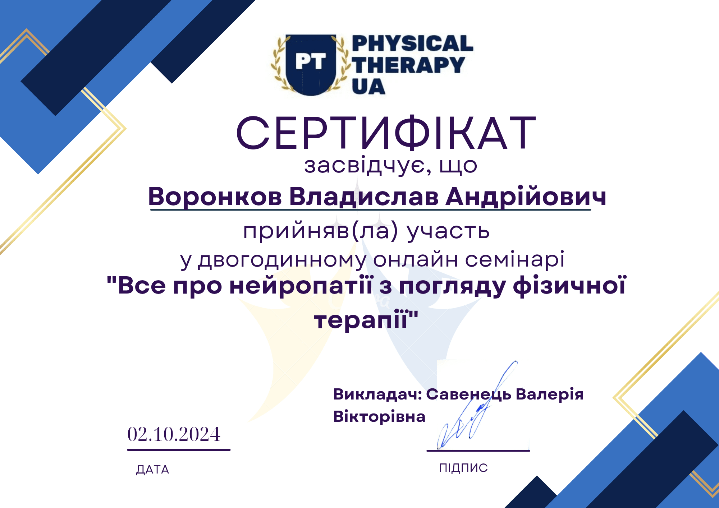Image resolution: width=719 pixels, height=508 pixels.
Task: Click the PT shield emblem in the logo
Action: pos(311,65)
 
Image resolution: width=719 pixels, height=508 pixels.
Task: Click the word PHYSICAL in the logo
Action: pos(413,43)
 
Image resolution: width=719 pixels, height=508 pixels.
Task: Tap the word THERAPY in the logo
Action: pos(408,65)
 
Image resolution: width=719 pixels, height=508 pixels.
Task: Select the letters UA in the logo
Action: pos(368,87)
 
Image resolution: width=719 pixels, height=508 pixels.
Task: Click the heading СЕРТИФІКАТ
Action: pos(386,133)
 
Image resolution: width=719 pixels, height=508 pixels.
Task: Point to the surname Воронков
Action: pos(215,197)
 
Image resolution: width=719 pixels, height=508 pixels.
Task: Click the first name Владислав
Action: pos(364,197)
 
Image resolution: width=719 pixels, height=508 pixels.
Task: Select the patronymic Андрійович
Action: pos(526,197)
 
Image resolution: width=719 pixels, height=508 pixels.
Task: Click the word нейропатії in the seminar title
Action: pos(301,286)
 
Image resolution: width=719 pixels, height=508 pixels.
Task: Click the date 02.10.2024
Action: pos(174,434)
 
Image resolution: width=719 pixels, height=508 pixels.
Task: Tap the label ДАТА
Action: pos(152,470)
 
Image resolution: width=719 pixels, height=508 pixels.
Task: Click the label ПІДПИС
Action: pos(463,468)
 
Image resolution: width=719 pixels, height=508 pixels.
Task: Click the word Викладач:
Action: pos(377,394)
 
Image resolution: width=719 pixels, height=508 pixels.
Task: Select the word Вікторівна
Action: pos(379,417)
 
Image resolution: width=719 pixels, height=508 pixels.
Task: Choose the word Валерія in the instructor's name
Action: pos(549,395)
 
